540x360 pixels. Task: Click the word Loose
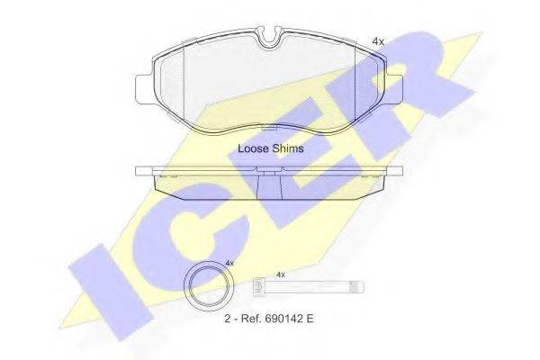(x=253, y=148)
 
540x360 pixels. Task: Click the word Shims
(x=288, y=148)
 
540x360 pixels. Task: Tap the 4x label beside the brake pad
(x=378, y=41)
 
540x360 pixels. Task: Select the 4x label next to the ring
(x=229, y=263)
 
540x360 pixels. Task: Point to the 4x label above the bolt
(x=281, y=274)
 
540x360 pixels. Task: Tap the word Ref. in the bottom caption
(x=251, y=319)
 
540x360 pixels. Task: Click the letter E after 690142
(x=310, y=319)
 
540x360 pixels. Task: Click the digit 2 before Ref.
(x=228, y=319)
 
